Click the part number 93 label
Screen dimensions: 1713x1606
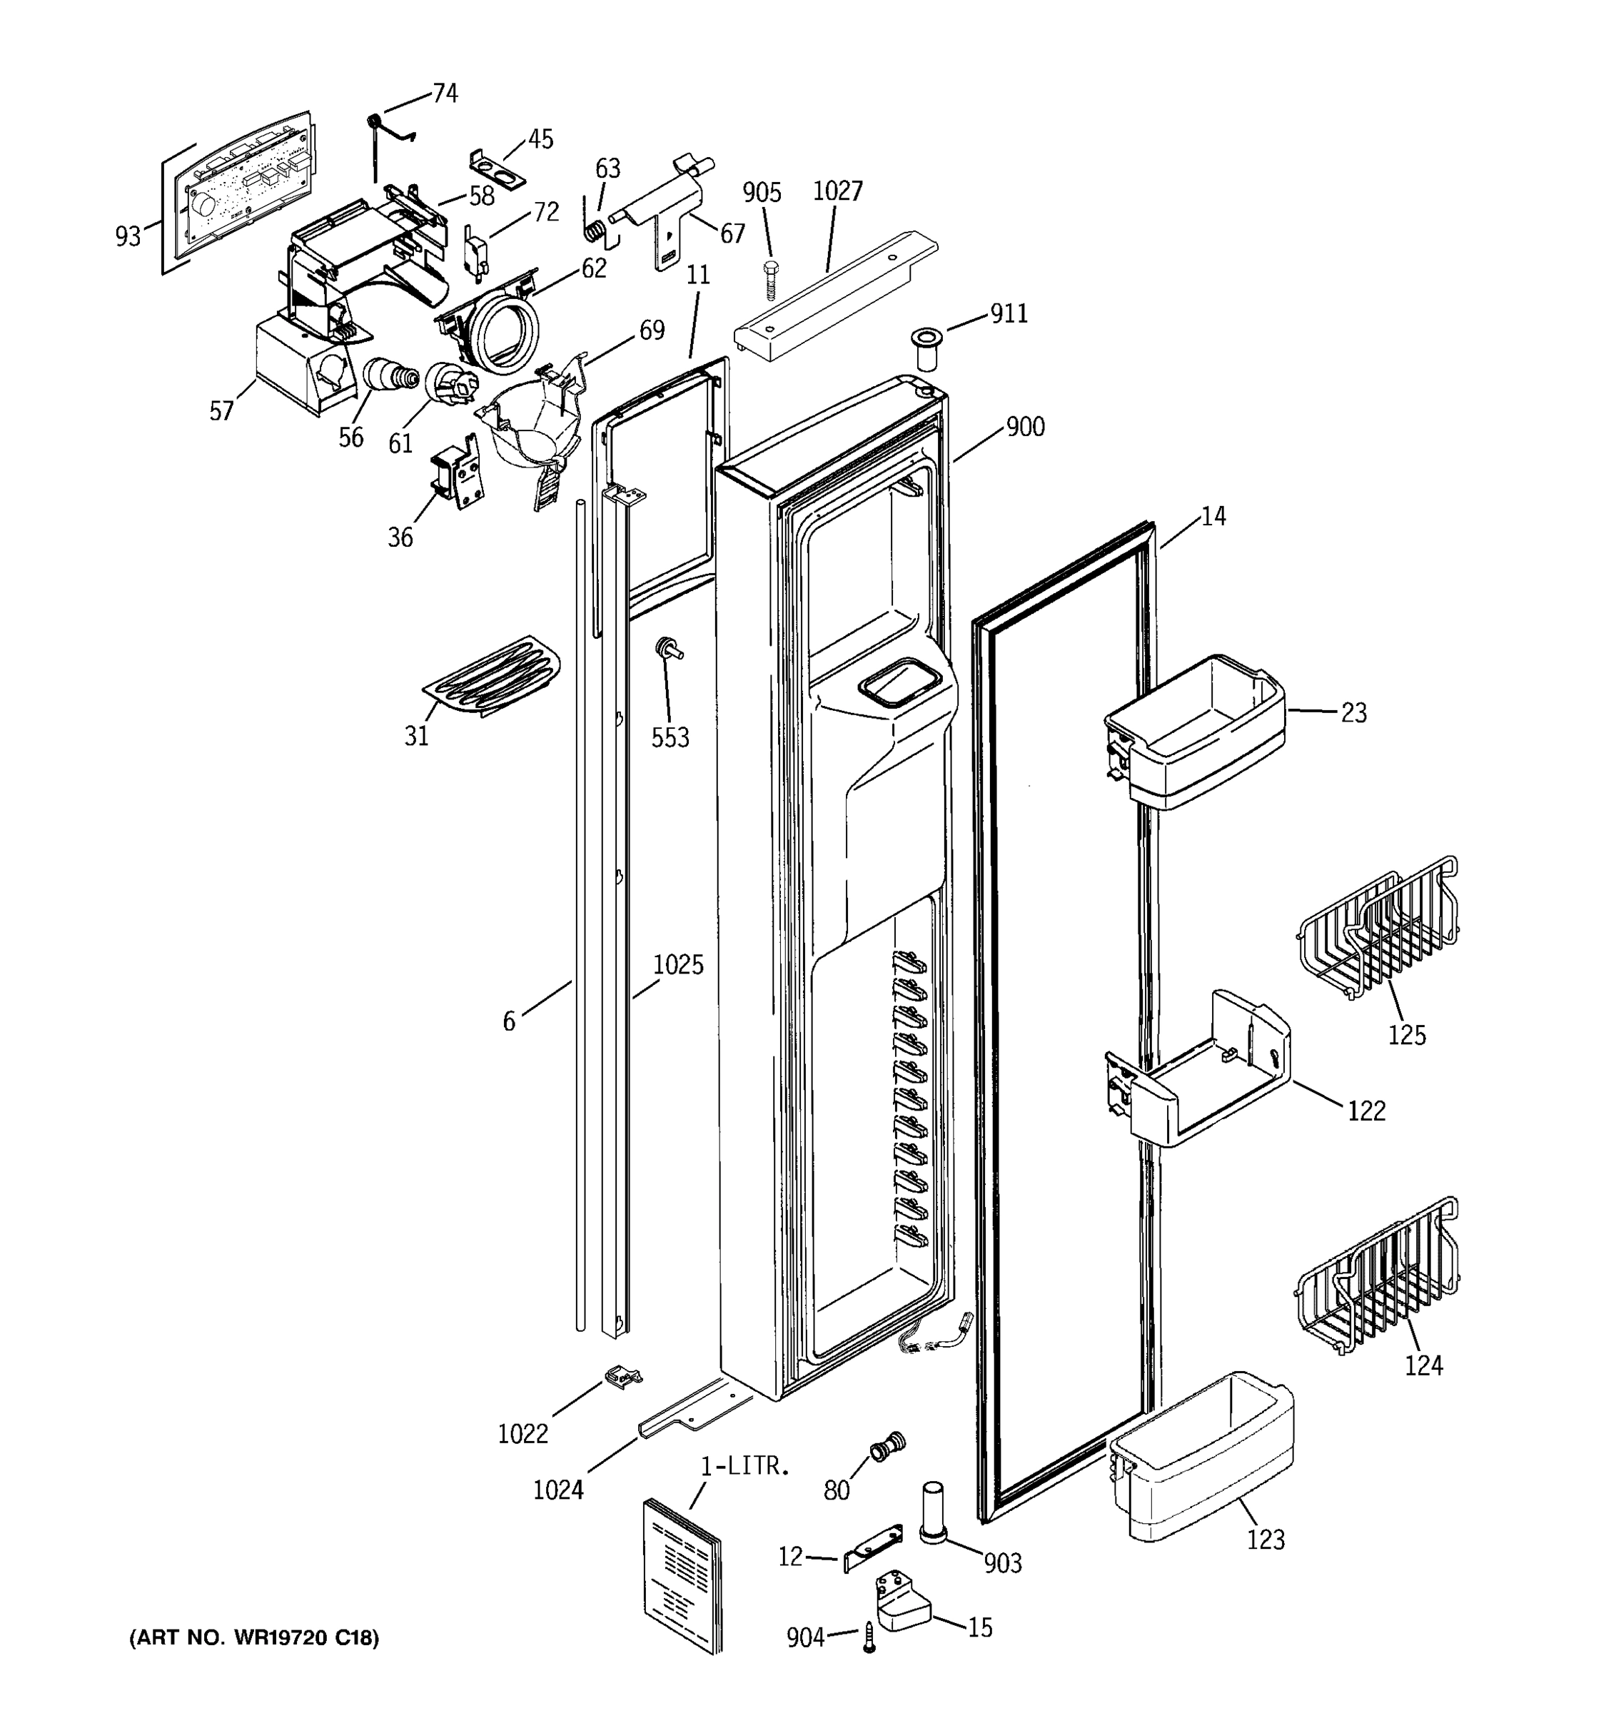point(128,236)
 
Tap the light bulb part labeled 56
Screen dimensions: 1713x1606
point(390,375)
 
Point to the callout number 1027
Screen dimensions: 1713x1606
point(837,191)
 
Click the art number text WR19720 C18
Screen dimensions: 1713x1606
point(253,1638)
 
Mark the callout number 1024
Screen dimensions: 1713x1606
point(558,1489)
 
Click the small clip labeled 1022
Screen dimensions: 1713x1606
point(625,1377)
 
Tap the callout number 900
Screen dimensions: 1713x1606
point(1025,427)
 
